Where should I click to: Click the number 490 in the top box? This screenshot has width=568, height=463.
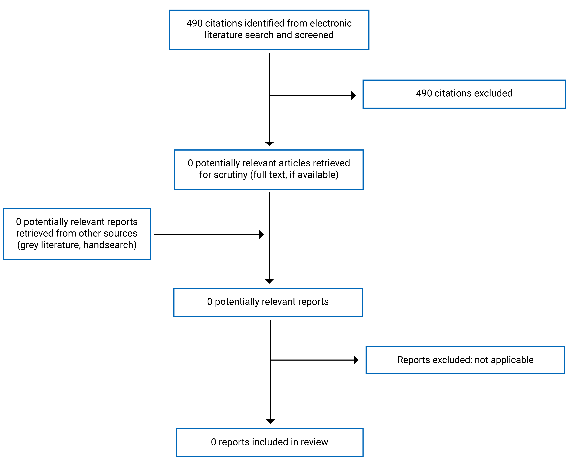click(194, 23)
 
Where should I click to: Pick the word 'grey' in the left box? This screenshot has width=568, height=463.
click(29, 245)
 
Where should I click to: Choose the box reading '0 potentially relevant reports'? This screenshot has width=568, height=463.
click(268, 302)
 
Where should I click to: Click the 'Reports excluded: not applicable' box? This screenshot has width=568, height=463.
click(465, 360)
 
